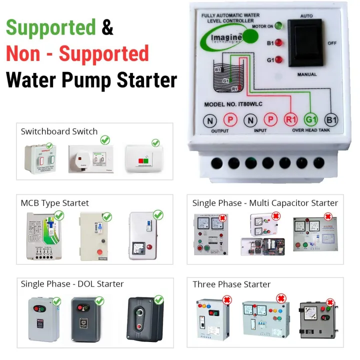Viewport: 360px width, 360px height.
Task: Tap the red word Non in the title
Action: coord(25,53)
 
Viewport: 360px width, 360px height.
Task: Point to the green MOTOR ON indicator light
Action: coord(278,26)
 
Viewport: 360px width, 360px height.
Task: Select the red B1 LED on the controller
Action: coord(278,43)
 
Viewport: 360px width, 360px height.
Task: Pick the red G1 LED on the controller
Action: coord(278,60)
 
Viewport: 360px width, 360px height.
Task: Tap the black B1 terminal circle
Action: coord(331,120)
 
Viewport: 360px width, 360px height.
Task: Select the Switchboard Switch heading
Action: coord(59,131)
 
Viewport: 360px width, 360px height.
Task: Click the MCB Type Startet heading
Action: coord(55,203)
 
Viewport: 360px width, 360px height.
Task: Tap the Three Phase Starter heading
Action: coord(231,284)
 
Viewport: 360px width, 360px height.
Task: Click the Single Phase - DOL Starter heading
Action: coord(72,284)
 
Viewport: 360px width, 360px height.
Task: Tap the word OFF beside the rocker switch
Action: coord(332,43)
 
